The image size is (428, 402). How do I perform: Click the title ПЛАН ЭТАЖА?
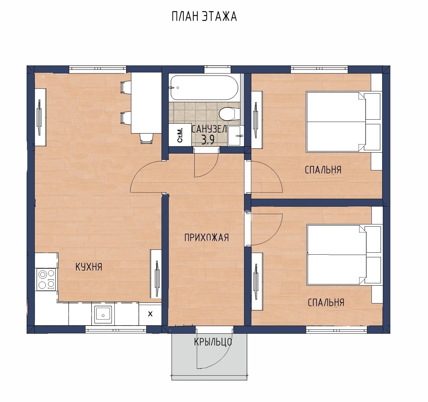point(204,16)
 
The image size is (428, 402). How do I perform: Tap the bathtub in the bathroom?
point(204,87)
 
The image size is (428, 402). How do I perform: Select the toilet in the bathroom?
point(229,114)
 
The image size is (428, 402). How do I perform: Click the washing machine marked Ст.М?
point(180,135)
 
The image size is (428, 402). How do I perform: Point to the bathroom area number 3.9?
point(208,140)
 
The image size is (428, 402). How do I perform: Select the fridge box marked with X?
point(150,314)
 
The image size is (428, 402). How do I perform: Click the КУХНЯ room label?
point(89,267)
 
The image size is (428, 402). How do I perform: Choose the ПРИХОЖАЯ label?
point(206,238)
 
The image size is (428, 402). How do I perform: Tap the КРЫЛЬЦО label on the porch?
point(213,342)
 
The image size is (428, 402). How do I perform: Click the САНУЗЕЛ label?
point(209,129)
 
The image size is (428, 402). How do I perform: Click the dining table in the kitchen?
point(146,103)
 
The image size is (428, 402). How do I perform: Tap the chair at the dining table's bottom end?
point(147,138)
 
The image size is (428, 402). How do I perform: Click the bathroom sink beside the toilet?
point(236,136)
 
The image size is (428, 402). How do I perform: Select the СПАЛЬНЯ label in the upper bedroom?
point(323,170)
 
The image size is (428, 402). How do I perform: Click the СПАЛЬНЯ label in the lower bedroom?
point(326,302)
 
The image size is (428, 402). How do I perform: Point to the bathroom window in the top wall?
point(217,69)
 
